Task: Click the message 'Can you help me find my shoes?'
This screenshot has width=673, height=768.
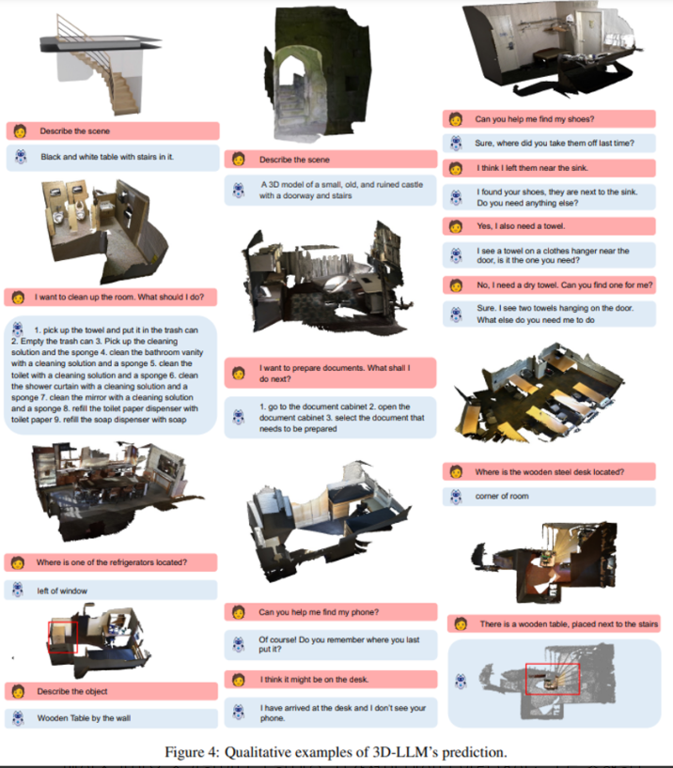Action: [534, 119]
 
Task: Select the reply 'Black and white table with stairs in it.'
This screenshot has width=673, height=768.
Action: [107, 157]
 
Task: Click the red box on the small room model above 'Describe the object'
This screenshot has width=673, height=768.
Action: [63, 637]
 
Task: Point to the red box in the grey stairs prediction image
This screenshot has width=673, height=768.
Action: [553, 680]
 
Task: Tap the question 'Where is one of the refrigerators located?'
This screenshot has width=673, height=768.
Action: [111, 562]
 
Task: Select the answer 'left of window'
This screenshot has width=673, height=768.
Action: [62, 591]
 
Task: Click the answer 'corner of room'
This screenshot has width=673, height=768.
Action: [502, 496]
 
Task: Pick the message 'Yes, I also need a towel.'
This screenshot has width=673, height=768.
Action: [521, 225]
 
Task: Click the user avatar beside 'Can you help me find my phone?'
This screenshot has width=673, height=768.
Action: [239, 612]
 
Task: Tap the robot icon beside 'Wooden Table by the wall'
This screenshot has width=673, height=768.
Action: [18, 718]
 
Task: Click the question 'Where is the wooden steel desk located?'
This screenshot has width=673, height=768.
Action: [549, 471]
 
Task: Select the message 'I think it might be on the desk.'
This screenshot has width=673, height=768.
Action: [315, 680]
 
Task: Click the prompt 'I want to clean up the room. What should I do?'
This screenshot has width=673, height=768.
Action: [119, 297]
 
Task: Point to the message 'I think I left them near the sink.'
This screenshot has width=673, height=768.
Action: [532, 168]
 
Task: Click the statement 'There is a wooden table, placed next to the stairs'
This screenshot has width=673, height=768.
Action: [569, 624]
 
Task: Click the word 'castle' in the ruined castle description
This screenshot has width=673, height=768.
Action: [412, 185]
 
